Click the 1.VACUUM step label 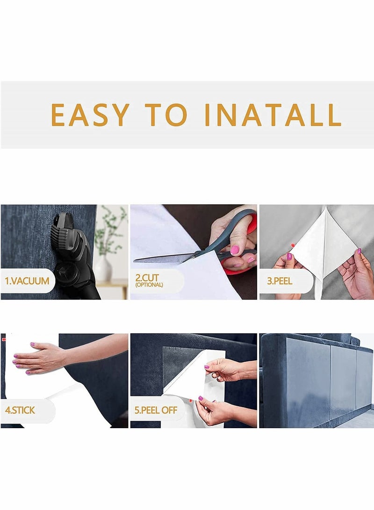27,280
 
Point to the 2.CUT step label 147,278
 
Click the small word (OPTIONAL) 149,285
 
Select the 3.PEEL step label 280,280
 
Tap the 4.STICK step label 20,410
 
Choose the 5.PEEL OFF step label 156,410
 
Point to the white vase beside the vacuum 103,268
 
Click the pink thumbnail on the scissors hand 235,250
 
